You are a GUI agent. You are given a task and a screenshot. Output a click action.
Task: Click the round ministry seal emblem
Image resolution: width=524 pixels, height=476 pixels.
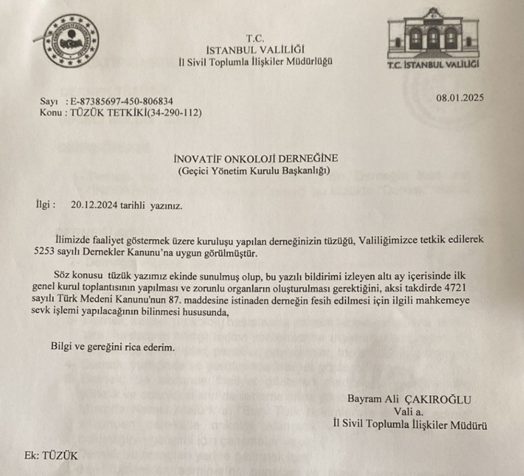click(72, 41)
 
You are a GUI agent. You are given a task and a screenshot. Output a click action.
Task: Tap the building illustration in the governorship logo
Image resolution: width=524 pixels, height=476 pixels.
click(433, 34)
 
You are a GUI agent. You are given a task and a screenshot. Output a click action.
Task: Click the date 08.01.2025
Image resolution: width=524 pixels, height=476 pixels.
click(460, 98)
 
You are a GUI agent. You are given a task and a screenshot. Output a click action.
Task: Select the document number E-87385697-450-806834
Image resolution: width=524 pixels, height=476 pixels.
click(121, 102)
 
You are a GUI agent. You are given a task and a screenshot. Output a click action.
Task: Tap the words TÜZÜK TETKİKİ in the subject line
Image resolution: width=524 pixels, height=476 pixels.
click(108, 113)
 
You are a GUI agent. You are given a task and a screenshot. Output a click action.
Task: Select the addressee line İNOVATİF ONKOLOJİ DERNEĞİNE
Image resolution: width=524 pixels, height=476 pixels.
click(256, 159)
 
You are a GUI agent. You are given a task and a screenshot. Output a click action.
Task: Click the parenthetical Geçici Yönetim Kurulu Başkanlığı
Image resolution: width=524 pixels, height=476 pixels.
click(254, 171)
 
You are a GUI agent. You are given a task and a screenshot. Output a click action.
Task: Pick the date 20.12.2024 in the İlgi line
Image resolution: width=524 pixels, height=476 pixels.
click(94, 206)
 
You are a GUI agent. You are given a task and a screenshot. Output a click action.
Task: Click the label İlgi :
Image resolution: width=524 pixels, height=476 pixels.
click(45, 205)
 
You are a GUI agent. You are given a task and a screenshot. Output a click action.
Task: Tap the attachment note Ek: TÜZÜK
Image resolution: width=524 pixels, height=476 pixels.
click(51, 456)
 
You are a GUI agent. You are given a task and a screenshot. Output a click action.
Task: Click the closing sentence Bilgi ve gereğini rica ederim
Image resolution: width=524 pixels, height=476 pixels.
click(113, 347)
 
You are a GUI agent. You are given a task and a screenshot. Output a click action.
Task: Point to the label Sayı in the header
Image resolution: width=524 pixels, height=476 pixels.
click(49, 102)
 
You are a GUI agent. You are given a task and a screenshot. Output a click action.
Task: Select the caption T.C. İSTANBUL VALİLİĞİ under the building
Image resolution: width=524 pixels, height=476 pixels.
click(433, 65)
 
